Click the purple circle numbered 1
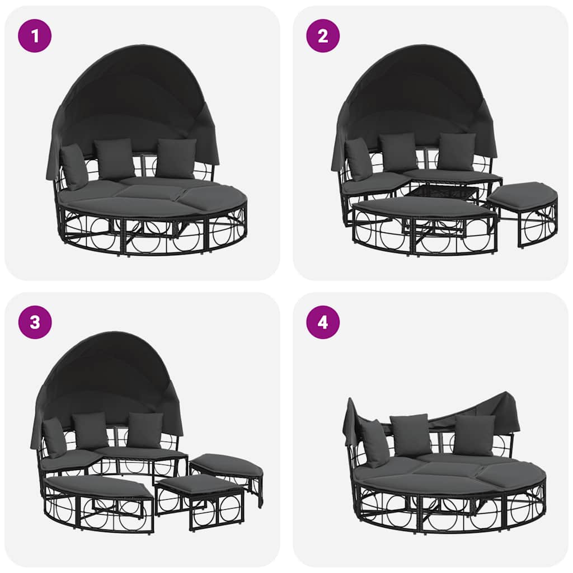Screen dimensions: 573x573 [x=35, y=36]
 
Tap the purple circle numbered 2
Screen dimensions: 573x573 [x=323, y=36]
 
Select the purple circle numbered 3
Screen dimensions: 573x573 [x=35, y=322]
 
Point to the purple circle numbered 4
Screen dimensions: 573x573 [x=323, y=322]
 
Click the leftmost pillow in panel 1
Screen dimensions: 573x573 [x=74, y=166]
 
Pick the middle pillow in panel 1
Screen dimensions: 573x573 [x=115, y=158]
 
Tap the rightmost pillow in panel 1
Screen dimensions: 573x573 [x=176, y=158]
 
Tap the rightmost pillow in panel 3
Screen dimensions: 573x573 [x=145, y=430]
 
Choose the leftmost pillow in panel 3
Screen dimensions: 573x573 [x=55, y=437]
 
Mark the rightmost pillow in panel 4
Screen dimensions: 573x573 [x=474, y=435]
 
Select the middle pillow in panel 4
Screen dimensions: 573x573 [x=411, y=434]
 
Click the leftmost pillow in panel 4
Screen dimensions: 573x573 [x=374, y=443]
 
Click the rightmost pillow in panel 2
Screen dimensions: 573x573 [x=457, y=151]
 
